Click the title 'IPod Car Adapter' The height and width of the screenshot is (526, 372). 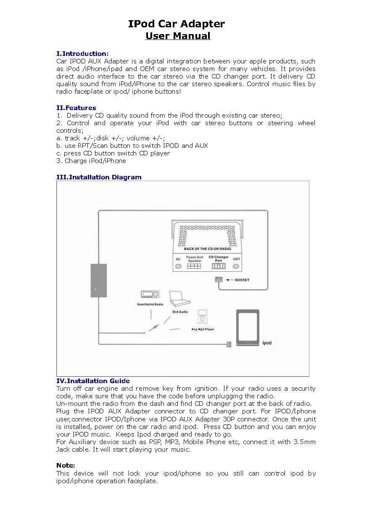click(x=177, y=24)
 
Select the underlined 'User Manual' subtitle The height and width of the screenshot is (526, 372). click(x=178, y=36)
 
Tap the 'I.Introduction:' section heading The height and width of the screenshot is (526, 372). click(x=82, y=53)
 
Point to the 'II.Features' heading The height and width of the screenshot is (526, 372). click(x=76, y=108)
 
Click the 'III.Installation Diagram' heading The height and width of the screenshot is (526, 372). click(x=99, y=177)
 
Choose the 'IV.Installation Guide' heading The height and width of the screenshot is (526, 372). click(x=93, y=381)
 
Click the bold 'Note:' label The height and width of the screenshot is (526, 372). click(x=66, y=465)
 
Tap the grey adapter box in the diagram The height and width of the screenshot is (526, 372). click(x=98, y=280)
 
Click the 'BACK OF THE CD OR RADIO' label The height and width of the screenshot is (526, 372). click(x=207, y=249)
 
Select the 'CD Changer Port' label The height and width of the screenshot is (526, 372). click(x=219, y=259)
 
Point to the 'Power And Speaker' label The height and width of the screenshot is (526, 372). click(x=195, y=259)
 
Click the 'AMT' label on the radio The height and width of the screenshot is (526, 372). click(x=237, y=259)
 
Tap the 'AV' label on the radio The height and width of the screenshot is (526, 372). click(x=178, y=259)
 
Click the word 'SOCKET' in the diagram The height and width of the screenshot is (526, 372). click(x=242, y=280)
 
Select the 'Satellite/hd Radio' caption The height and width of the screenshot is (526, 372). click(x=150, y=304)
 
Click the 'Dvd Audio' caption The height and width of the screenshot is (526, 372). click(x=180, y=312)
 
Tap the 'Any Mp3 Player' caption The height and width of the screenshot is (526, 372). click(x=203, y=329)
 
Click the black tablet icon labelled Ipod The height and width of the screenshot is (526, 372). click(x=248, y=328)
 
